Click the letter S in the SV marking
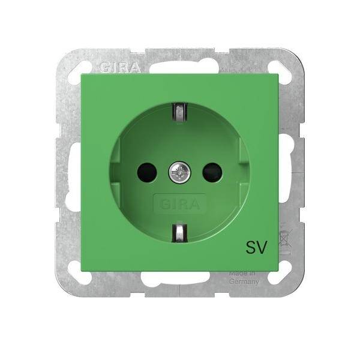pyautogui.click(x=250, y=244)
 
